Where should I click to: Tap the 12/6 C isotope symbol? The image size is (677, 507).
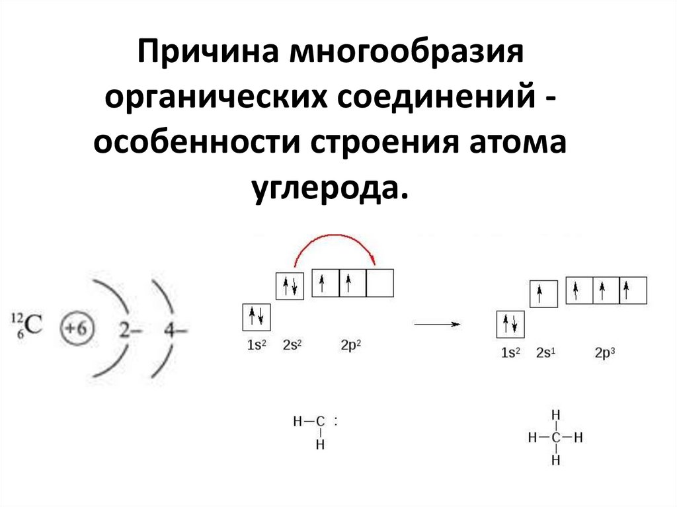(x=26, y=325)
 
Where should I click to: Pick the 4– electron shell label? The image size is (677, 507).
(x=175, y=329)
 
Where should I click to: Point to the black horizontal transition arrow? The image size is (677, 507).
(x=436, y=325)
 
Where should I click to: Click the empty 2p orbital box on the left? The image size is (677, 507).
(x=380, y=283)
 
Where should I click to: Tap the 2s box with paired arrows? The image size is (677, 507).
(x=290, y=286)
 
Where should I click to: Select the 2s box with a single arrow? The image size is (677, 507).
(x=543, y=293)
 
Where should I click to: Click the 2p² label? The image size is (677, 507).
(x=351, y=344)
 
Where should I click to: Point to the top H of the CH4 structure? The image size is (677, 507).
(x=556, y=415)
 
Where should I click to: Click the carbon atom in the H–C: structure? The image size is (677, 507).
(x=320, y=421)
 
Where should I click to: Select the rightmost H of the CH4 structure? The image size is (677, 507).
(x=579, y=437)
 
